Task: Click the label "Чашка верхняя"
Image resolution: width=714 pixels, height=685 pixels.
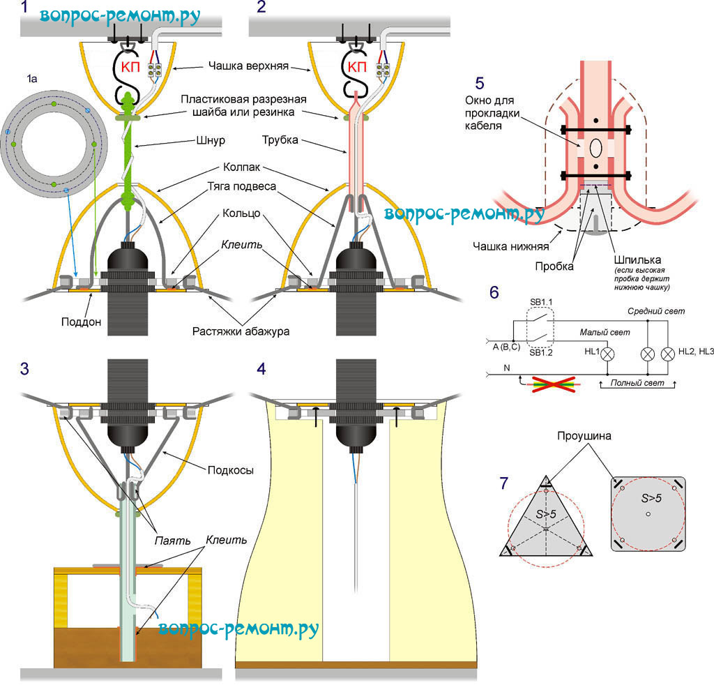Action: click(248, 66)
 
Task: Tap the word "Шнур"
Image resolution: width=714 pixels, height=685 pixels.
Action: click(211, 140)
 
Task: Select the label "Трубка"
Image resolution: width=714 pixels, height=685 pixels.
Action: click(280, 140)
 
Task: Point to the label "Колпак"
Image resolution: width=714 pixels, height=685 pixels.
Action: click(241, 167)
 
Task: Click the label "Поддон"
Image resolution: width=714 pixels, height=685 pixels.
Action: click(81, 322)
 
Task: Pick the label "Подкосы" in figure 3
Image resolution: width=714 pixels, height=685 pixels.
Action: click(230, 470)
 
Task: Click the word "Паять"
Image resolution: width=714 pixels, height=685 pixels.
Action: click(172, 541)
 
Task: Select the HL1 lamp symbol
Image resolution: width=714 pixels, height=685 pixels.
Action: click(607, 354)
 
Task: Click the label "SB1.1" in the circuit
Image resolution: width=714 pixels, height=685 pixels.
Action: click(541, 303)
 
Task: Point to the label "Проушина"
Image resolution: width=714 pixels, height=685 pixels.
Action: click(584, 436)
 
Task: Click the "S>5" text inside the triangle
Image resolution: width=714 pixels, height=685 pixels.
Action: click(545, 514)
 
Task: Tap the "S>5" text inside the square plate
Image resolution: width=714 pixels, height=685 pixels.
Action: click(651, 498)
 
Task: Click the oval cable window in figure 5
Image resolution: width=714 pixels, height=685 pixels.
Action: click(595, 149)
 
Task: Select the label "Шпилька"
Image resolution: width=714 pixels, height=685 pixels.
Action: click(637, 260)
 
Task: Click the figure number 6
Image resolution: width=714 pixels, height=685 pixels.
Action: click(494, 292)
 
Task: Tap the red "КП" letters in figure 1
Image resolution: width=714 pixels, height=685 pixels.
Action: click(130, 68)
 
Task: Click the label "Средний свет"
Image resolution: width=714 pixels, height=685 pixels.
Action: click(656, 312)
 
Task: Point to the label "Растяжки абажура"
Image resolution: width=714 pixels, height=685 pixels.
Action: click(241, 331)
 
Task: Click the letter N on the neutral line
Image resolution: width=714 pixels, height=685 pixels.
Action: click(507, 368)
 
